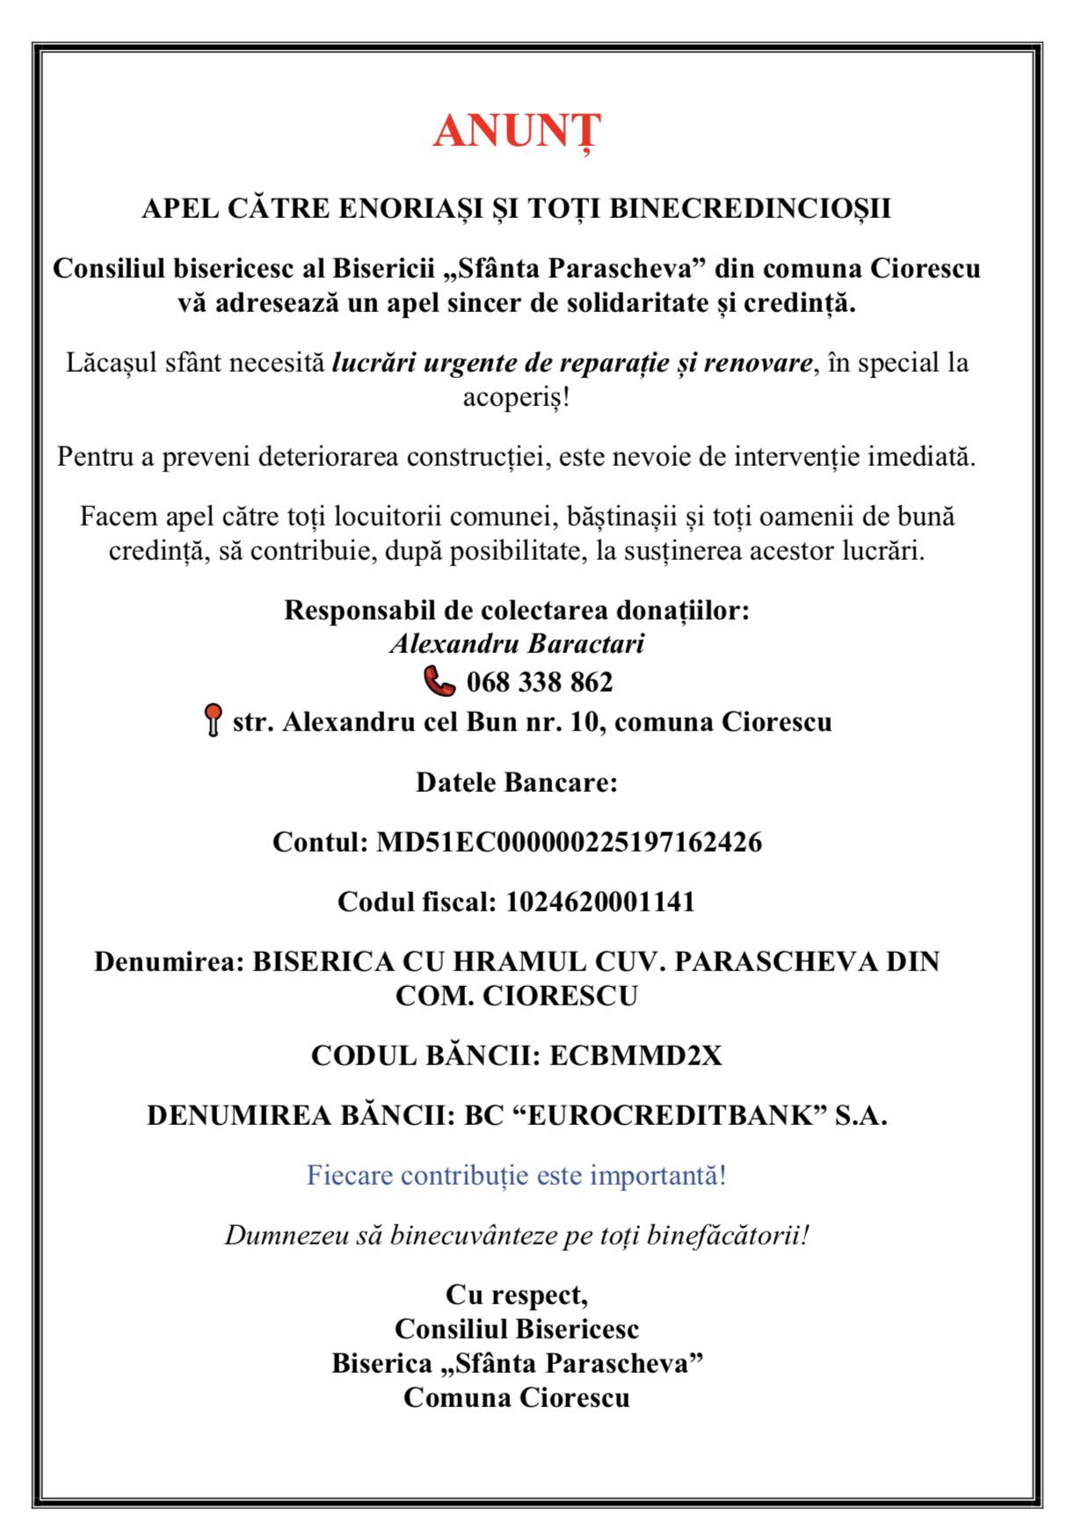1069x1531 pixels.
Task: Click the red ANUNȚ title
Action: tap(517, 132)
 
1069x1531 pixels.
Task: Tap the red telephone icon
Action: tap(440, 681)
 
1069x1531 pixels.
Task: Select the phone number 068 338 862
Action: tap(540, 682)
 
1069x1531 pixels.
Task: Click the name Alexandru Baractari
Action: tap(517, 643)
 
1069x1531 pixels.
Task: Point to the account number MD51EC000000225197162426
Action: tap(569, 842)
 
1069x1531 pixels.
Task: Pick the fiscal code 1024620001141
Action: tap(600, 902)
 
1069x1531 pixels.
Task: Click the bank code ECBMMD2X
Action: tap(636, 1056)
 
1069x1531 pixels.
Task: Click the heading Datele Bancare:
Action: tap(517, 782)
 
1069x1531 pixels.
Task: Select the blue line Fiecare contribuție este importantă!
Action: tap(517, 1175)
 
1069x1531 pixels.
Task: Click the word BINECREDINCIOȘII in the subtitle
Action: tap(750, 208)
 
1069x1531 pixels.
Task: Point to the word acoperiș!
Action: tap(517, 397)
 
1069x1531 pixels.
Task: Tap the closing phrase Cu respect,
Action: tap(517, 1295)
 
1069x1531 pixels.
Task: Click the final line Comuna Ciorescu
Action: tap(517, 1397)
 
